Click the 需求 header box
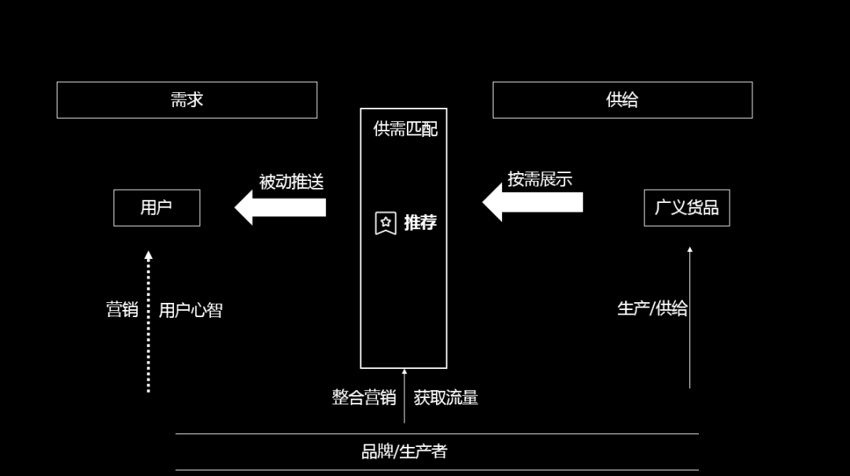(x=187, y=100)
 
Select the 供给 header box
(x=622, y=100)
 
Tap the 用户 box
(x=157, y=208)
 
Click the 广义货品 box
(x=686, y=208)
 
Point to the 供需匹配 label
(x=405, y=128)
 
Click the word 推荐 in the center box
(x=420, y=223)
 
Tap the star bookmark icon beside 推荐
(x=386, y=223)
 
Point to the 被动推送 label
(x=291, y=182)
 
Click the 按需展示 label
(x=539, y=179)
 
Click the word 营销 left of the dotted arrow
(x=122, y=309)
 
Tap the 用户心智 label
(x=190, y=310)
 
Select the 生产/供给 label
(x=652, y=308)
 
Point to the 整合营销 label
(x=364, y=397)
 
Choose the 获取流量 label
(x=445, y=397)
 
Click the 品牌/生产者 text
(x=404, y=452)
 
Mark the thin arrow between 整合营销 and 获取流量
(x=405, y=396)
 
